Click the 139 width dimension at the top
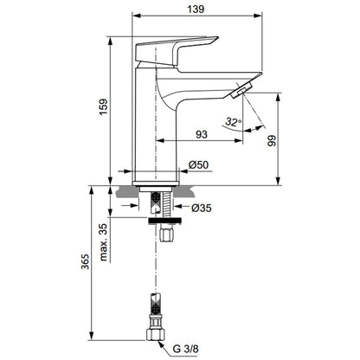coord(196,9)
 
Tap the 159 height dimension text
coord(104,106)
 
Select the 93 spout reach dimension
coord(202,134)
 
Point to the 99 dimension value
coord(272,141)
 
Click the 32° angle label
coord(234,122)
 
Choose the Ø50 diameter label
coord(198,164)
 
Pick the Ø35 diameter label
coord(202,208)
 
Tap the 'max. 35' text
coord(104,242)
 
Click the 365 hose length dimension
coord(85,262)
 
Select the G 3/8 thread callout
coord(186,349)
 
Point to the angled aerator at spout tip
coord(241,90)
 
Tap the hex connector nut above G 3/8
coord(155,334)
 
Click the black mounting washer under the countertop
coord(164,221)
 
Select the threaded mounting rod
coord(166,204)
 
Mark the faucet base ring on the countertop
coord(156,183)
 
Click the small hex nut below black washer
coord(166,235)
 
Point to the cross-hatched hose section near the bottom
coord(156,304)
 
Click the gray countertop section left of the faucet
coord(127,192)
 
